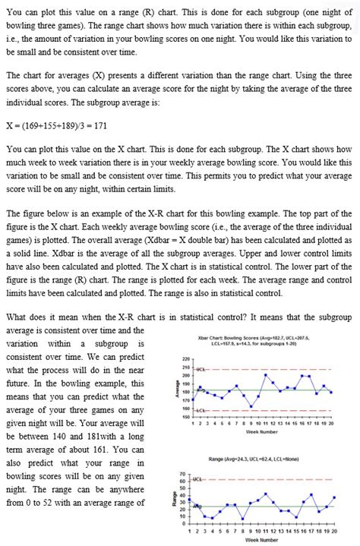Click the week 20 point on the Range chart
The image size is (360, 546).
click(333, 497)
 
